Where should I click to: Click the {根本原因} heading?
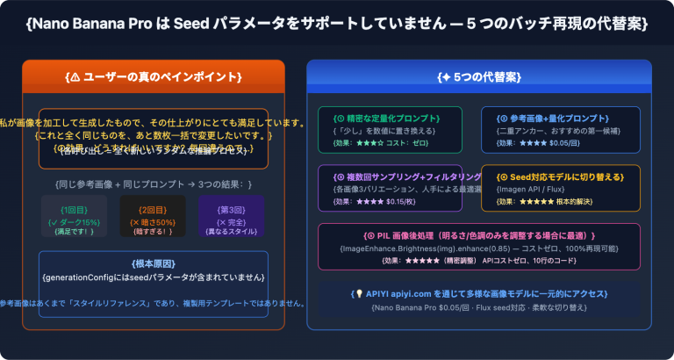point(153,263)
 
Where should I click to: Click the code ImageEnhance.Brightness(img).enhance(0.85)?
point(413,248)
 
